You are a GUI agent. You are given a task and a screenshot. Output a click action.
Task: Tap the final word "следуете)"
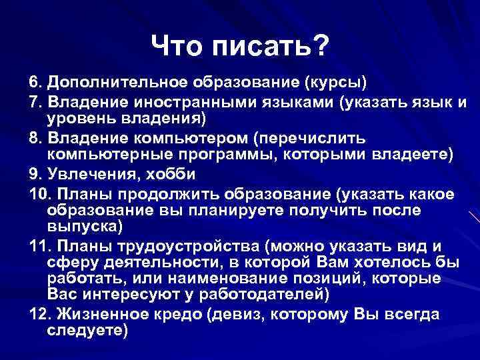(x=87, y=329)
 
